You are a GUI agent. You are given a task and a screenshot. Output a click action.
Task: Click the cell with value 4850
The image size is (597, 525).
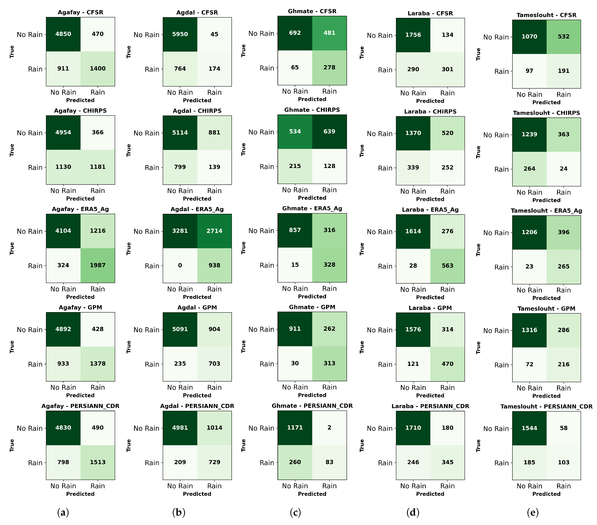63,34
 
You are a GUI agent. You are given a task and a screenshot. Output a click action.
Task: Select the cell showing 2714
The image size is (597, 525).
214,231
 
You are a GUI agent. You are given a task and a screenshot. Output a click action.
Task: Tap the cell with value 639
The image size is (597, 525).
329,132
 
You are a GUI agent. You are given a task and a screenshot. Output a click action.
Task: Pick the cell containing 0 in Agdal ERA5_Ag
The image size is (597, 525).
180,265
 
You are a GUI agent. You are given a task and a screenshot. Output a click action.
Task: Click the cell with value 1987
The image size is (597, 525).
98,265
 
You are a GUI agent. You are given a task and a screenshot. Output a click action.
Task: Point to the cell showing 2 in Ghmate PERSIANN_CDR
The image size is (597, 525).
329,428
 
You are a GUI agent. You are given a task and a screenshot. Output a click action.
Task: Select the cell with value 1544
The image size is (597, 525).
529,428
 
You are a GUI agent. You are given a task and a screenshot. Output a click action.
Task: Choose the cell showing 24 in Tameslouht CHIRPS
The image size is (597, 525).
563,169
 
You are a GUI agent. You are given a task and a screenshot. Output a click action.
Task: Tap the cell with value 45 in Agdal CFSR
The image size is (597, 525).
214,34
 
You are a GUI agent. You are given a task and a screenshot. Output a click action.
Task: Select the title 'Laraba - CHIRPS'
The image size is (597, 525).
430,112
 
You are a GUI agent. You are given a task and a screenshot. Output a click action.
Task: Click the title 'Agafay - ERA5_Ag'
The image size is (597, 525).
80,209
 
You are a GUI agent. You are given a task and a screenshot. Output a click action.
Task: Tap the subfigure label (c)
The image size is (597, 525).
295,512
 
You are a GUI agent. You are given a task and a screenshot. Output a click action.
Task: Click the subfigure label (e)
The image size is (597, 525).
532,512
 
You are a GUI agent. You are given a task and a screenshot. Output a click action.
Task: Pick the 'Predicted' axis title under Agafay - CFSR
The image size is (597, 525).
80,100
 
